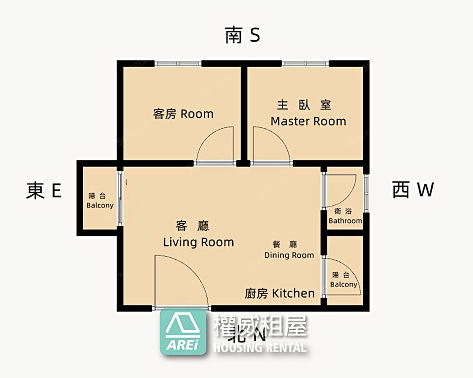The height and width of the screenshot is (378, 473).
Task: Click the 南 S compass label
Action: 242,35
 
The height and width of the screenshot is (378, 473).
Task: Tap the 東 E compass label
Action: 44,191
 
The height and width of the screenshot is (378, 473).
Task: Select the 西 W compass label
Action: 413,190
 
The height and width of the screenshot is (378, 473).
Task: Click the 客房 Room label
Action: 183,114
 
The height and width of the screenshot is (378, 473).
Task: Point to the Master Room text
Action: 308,121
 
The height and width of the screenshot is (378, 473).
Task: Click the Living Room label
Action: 198,242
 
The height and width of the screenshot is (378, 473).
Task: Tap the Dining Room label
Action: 289,255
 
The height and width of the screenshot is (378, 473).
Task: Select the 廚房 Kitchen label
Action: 280,293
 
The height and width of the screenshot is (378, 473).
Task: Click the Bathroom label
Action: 345,220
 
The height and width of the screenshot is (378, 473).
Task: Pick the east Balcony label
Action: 100,205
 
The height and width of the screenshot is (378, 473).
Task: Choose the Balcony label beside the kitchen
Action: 343,284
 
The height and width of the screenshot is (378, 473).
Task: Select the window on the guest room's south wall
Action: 178,63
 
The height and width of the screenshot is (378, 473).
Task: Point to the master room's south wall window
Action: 305,63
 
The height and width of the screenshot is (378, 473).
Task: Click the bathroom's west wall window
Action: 366,193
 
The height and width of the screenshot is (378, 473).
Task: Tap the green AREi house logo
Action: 183,333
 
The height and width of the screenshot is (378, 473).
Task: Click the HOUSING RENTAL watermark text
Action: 260,348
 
